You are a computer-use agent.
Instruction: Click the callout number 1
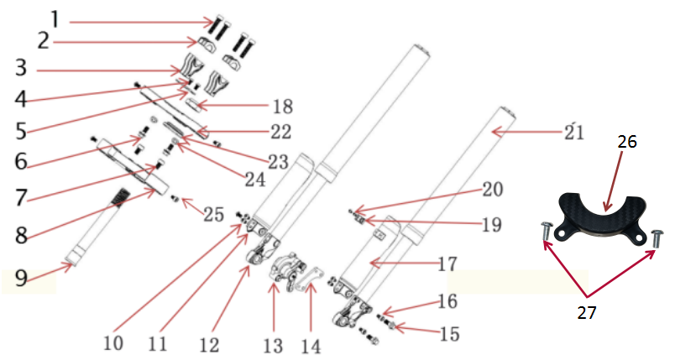(x=55, y=17)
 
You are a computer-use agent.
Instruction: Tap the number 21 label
(x=573, y=132)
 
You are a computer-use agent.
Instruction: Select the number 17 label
(x=447, y=263)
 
